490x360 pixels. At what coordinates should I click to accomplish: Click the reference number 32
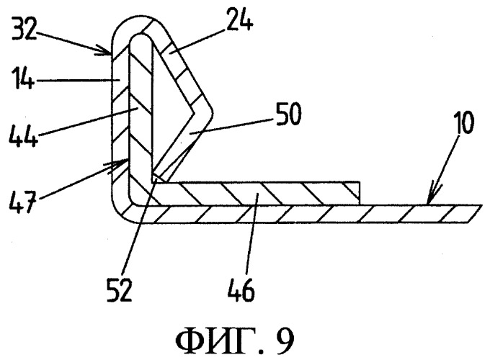(24, 29)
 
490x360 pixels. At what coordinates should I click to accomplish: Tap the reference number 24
(239, 19)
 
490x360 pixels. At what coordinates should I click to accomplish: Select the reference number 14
(22, 80)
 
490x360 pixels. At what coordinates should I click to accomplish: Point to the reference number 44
(24, 135)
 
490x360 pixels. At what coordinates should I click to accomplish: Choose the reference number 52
(120, 290)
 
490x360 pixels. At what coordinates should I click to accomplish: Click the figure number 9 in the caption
(285, 341)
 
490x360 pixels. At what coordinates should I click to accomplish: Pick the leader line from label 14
(76, 80)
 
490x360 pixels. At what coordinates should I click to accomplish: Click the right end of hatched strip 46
(360, 193)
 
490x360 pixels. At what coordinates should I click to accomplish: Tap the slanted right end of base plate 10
(473, 214)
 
